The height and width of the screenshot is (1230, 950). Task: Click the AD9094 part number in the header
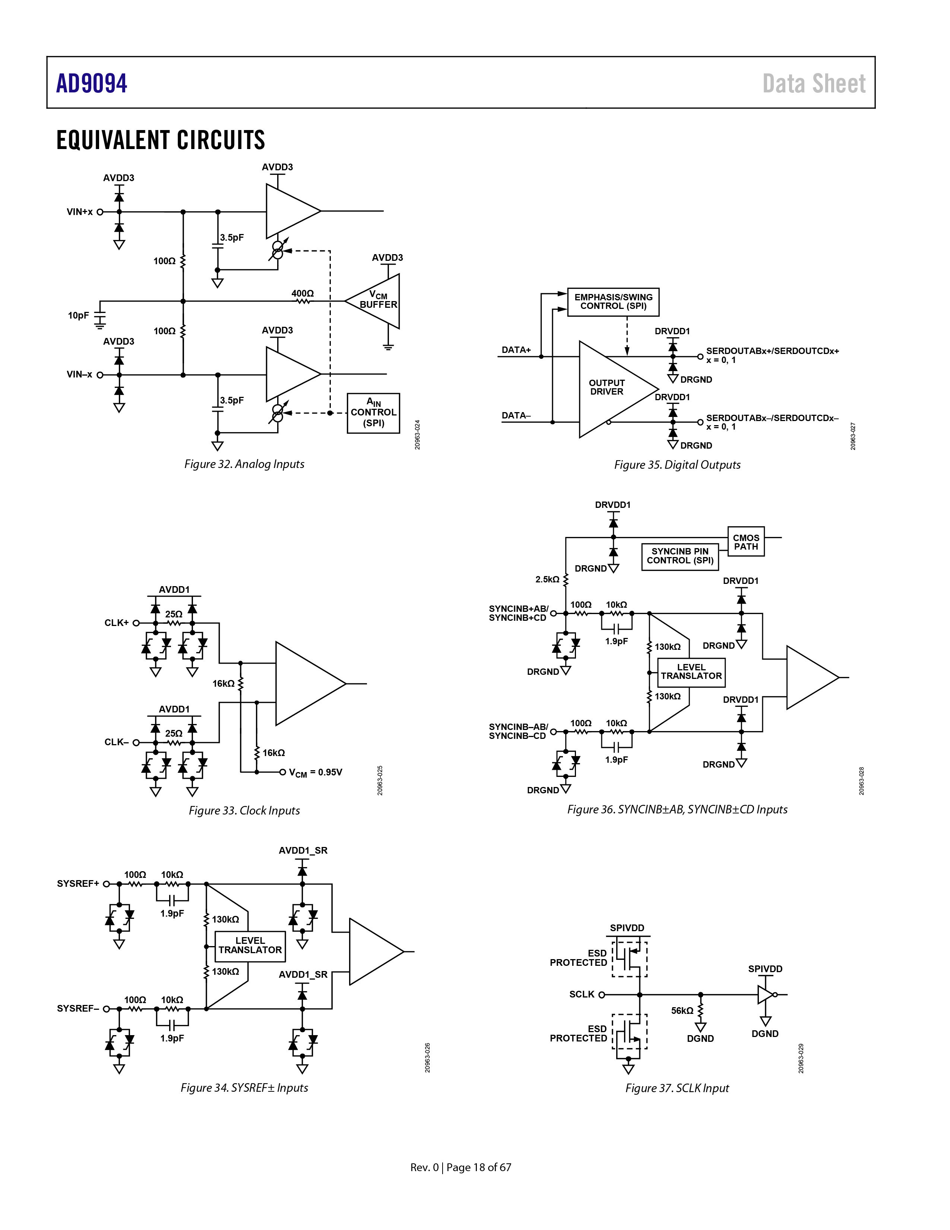[x=92, y=83]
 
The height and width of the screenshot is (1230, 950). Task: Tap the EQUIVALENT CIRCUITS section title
[x=161, y=140]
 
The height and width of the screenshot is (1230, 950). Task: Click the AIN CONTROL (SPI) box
[x=373, y=413]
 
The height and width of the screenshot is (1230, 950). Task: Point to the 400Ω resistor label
[x=303, y=293]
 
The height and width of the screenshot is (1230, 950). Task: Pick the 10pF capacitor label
[x=78, y=315]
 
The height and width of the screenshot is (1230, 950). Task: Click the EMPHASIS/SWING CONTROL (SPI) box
[x=613, y=302]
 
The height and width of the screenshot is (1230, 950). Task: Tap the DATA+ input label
[x=516, y=350]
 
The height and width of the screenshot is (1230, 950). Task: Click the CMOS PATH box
[x=745, y=542]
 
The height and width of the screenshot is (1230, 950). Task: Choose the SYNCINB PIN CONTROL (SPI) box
[x=680, y=556]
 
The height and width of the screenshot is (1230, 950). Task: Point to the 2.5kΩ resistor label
[x=547, y=579]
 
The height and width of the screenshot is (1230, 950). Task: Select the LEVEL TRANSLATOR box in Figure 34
[x=250, y=945]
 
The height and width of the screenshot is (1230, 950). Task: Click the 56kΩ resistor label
[x=682, y=1011]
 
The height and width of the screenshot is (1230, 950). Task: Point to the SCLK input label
[x=582, y=994]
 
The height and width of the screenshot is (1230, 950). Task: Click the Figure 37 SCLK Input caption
[x=677, y=1088]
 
